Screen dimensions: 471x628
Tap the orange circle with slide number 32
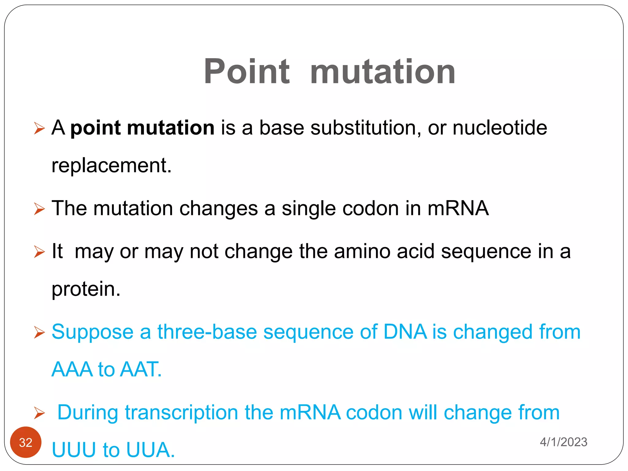click(x=26, y=442)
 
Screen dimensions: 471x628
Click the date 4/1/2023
click(x=563, y=442)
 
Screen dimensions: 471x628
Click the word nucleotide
click(x=500, y=128)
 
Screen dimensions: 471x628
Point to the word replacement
click(x=111, y=166)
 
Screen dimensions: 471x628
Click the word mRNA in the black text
click(x=458, y=209)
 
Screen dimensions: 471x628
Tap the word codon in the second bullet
click(x=370, y=209)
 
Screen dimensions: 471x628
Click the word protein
click(x=86, y=289)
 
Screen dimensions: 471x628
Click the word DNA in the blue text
click(x=405, y=332)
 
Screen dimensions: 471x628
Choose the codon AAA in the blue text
click(x=72, y=369)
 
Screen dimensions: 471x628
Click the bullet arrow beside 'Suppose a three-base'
click(x=39, y=332)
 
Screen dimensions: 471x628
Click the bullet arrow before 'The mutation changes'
click(x=39, y=209)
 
